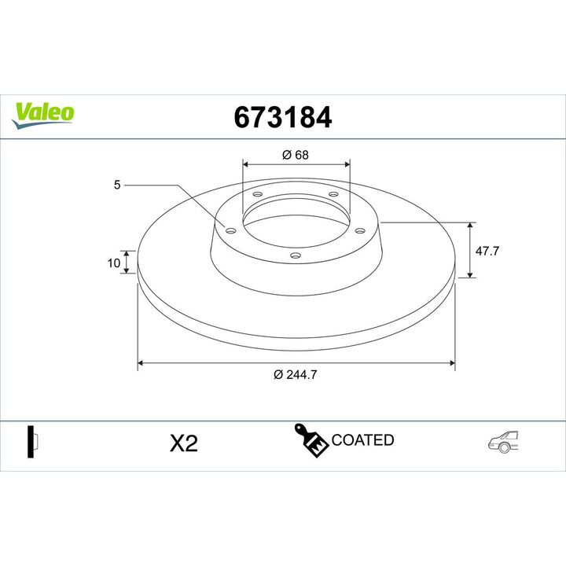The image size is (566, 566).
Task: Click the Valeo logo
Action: pyautogui.click(x=42, y=115)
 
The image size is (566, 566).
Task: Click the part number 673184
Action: pyautogui.click(x=283, y=117)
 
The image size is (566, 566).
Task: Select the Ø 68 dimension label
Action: pyautogui.click(x=296, y=155)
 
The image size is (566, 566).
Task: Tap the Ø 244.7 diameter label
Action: pyautogui.click(x=296, y=375)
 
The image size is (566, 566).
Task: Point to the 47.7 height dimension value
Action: pyautogui.click(x=487, y=251)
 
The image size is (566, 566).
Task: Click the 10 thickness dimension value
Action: pyautogui.click(x=114, y=263)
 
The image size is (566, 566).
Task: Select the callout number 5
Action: pyautogui.click(x=117, y=185)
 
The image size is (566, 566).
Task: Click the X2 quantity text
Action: pyautogui.click(x=184, y=443)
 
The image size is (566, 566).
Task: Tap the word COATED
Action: pyautogui.click(x=362, y=440)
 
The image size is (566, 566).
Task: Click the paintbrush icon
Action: pyautogui.click(x=311, y=440)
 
